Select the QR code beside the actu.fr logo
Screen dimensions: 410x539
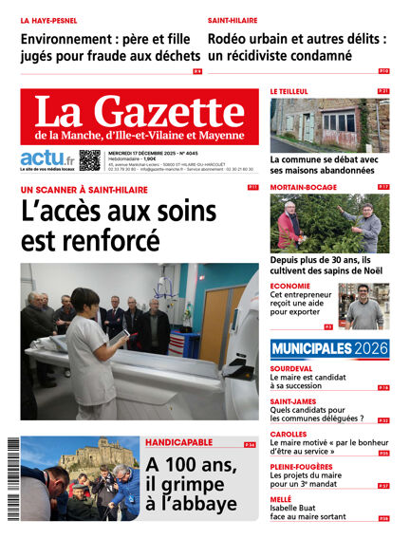(x=89, y=160)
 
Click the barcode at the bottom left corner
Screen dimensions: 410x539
(x=12, y=479)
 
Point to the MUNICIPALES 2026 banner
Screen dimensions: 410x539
(x=329, y=348)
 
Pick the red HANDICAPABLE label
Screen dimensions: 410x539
(x=178, y=443)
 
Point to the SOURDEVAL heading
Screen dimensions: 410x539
(x=291, y=367)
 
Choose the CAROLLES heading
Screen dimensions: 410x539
(x=289, y=434)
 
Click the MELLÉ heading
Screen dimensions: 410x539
(x=283, y=499)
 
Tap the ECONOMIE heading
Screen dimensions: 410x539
(x=289, y=286)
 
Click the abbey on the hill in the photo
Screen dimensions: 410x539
(x=86, y=454)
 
